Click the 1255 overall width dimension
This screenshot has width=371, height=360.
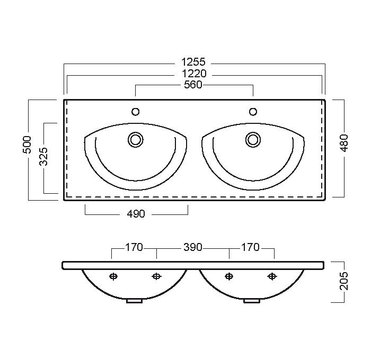click(193, 62)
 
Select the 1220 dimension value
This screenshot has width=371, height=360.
click(194, 74)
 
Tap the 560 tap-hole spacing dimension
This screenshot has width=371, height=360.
click(193, 85)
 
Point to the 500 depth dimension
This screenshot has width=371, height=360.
click(27, 145)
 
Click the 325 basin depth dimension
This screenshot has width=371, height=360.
click(43, 156)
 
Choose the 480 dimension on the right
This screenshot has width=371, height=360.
click(344, 143)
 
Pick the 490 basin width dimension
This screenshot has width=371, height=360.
click(136, 214)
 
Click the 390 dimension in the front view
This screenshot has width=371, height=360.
click(193, 247)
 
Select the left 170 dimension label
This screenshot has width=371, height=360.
click(134, 247)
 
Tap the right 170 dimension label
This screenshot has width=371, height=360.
click(250, 247)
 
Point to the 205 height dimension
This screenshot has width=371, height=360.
click(344, 281)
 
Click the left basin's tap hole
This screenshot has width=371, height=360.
click(136, 112)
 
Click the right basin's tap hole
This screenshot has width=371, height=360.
click(253, 112)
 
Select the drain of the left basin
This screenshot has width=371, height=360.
click(136, 140)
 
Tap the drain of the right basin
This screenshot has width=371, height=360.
click(253, 140)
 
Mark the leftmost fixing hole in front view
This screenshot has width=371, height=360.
click(113, 276)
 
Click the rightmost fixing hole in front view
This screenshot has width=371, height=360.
click(272, 276)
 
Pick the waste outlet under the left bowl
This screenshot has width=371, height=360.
click(134, 301)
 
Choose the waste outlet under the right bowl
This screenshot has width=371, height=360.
click(252, 301)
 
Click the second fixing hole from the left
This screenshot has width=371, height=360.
click(156, 276)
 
